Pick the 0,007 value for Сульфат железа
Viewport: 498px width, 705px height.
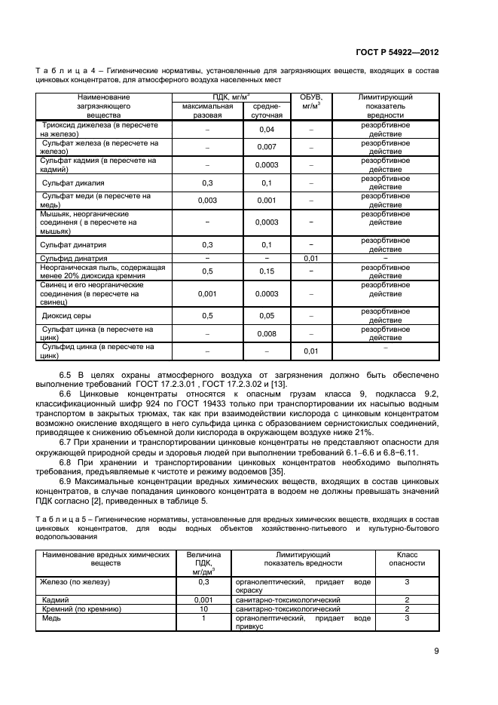[265, 146]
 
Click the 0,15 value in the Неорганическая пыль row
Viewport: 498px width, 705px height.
[265, 270]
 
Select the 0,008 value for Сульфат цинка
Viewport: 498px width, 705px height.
[265, 333]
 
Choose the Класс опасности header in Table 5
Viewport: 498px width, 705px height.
[406, 558]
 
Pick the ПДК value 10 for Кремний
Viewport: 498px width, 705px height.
[203, 608]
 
